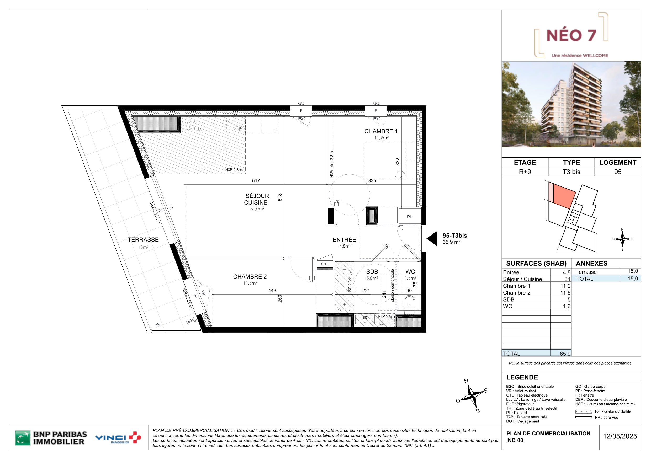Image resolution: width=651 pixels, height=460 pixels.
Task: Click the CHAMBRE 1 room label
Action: (x=381, y=131)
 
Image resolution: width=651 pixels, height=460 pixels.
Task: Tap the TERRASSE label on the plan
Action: (x=143, y=240)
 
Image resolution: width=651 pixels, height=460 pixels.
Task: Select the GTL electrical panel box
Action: (x=325, y=264)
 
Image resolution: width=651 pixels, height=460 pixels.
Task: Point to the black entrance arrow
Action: (x=432, y=238)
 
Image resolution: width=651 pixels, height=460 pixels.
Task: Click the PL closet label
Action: (x=409, y=217)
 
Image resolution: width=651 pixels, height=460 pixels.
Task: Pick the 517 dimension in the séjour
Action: (x=256, y=180)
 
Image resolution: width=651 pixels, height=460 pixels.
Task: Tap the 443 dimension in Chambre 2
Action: (x=272, y=291)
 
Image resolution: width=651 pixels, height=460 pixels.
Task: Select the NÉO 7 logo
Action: (x=571, y=35)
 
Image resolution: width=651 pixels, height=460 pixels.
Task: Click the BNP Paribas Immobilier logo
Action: (x=51, y=438)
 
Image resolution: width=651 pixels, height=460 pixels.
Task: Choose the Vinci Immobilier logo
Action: (x=118, y=438)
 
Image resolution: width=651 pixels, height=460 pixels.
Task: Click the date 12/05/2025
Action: (x=620, y=436)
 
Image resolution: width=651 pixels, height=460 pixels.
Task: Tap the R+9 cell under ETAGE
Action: (x=525, y=172)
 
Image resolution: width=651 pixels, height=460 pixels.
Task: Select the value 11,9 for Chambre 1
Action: (x=565, y=286)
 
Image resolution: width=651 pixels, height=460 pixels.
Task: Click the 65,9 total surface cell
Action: (x=565, y=354)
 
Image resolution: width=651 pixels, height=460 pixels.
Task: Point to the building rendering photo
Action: (x=571, y=104)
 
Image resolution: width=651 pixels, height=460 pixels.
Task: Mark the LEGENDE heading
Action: (x=522, y=377)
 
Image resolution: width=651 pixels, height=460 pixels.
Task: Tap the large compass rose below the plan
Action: (x=472, y=396)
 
